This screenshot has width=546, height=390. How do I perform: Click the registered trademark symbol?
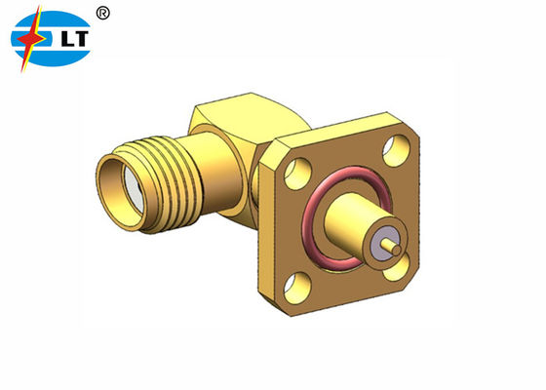pyautogui.click(x=103, y=13)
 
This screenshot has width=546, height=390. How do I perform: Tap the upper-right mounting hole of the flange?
pyautogui.click(x=397, y=152)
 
